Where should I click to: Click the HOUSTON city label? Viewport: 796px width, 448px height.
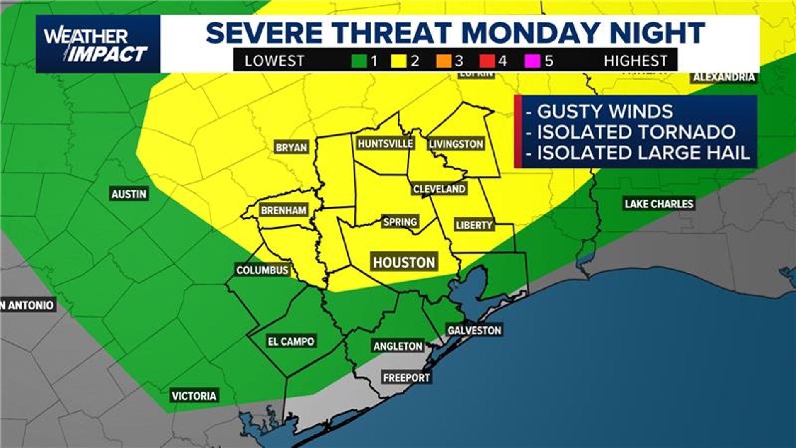(404, 262)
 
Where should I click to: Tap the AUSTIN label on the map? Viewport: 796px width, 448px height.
(129, 194)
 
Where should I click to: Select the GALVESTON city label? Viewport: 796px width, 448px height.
(474, 330)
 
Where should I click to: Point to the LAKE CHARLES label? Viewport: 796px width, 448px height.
(659, 204)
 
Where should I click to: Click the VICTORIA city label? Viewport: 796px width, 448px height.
(194, 396)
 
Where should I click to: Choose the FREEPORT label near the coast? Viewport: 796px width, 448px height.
(406, 377)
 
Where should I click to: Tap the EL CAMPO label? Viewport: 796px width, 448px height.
(291, 341)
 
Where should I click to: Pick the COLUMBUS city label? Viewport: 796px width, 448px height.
(262, 270)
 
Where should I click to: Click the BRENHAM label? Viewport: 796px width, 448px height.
(284, 210)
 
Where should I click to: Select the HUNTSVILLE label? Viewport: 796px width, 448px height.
(385, 144)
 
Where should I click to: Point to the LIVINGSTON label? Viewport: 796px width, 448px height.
(456, 144)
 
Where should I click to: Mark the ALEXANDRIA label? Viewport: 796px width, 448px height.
(724, 77)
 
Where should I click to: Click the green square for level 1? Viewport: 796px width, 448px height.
(359, 61)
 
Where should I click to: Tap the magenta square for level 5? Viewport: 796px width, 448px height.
(533, 61)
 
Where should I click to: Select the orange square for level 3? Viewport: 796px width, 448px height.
(443, 61)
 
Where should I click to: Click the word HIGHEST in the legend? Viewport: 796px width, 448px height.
(635, 61)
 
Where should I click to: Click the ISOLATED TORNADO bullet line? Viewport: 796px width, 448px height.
(636, 132)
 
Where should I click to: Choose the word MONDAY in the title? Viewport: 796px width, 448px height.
(531, 32)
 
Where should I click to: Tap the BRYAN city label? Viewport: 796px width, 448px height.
(291, 147)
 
